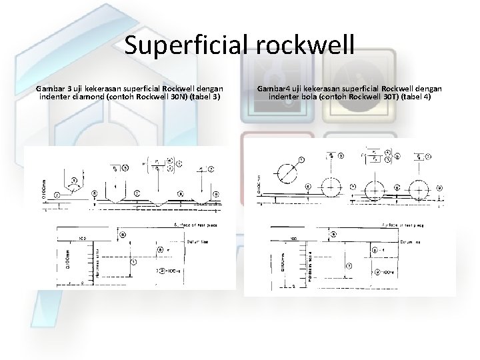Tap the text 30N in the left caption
pos(175,97)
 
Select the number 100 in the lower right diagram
pos(292,239)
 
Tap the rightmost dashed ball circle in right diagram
pos(419,189)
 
